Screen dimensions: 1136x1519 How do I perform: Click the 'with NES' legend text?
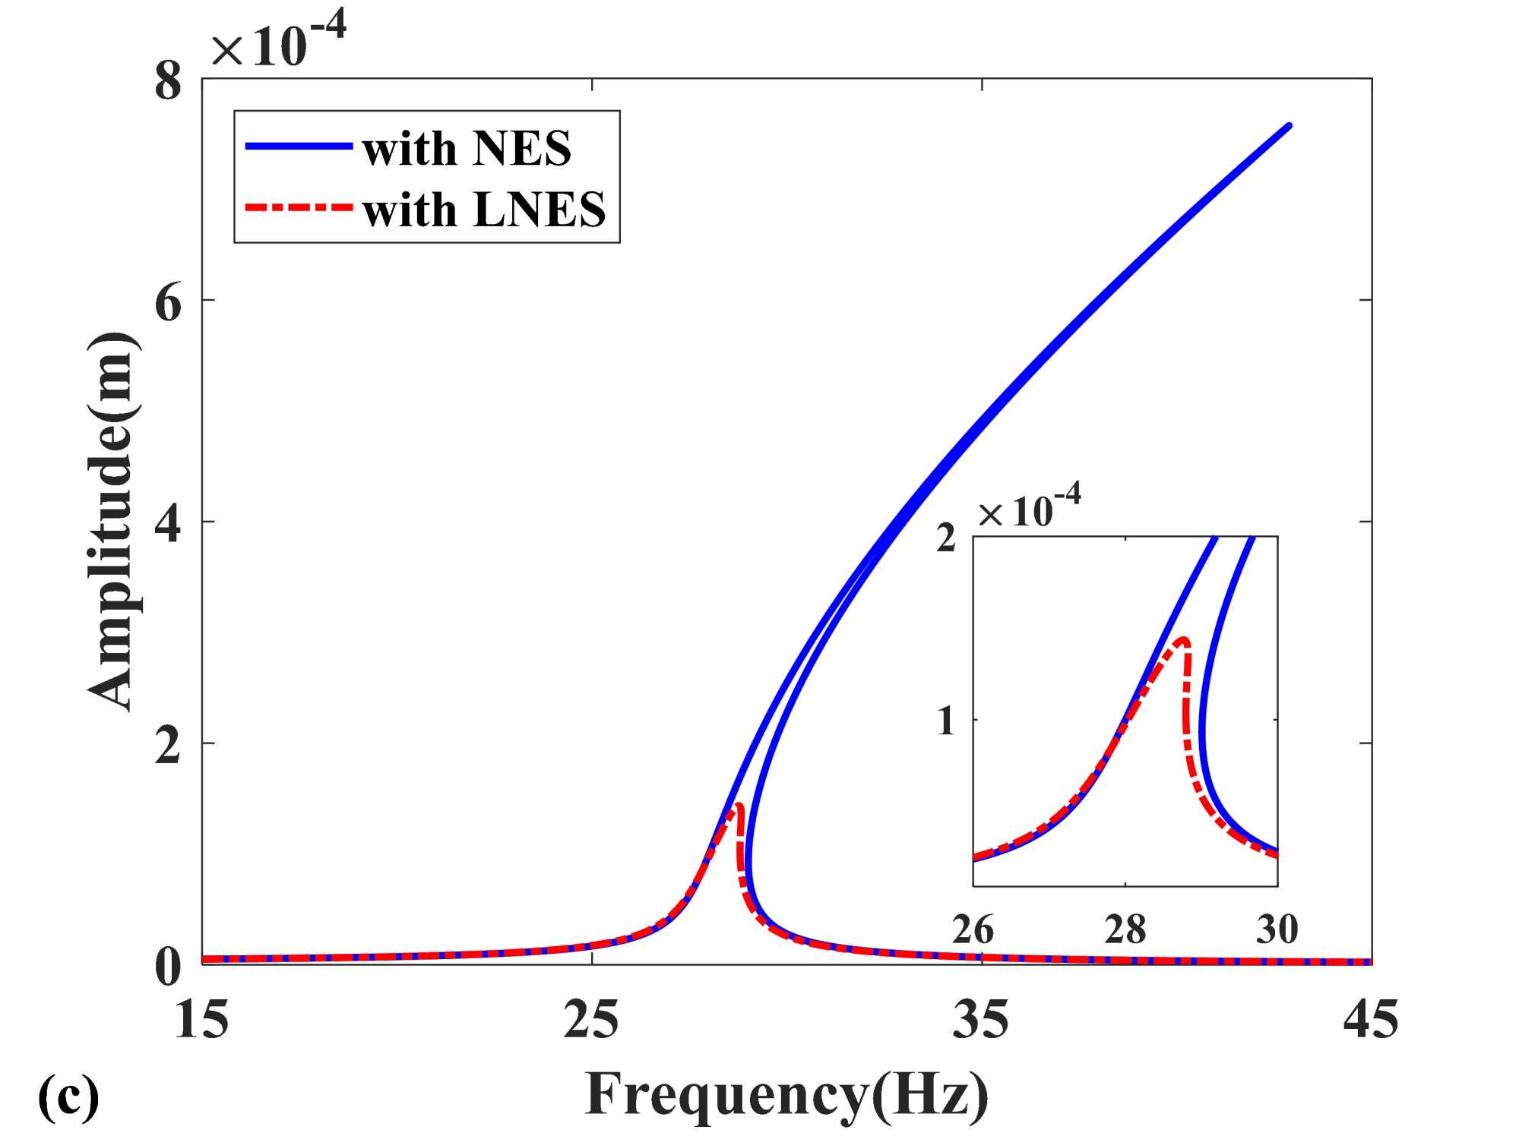(x=467, y=148)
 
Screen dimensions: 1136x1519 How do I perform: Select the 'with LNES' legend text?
(x=484, y=210)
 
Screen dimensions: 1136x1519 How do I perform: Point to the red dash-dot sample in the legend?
(x=299, y=207)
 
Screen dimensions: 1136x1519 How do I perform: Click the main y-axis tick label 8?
(x=168, y=81)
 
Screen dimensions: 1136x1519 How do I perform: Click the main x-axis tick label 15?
(x=201, y=1019)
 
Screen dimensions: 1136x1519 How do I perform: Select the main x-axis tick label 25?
(x=591, y=1019)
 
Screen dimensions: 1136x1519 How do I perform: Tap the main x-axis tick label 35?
(x=981, y=1019)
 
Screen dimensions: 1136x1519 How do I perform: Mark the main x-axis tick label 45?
(x=1370, y=1019)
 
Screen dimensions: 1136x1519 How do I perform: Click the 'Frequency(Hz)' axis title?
(x=786, y=1095)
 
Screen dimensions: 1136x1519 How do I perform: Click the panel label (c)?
(x=68, y=1097)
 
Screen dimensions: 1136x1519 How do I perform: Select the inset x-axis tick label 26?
(x=973, y=929)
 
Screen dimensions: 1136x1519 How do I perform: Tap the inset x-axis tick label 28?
(x=1125, y=929)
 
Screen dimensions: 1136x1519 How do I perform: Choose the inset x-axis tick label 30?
(x=1277, y=929)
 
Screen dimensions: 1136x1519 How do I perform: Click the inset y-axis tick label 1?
(x=946, y=720)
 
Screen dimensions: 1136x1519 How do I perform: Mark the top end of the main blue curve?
(x=1289, y=125)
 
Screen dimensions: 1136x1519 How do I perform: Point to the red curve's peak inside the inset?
(x=1182, y=639)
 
